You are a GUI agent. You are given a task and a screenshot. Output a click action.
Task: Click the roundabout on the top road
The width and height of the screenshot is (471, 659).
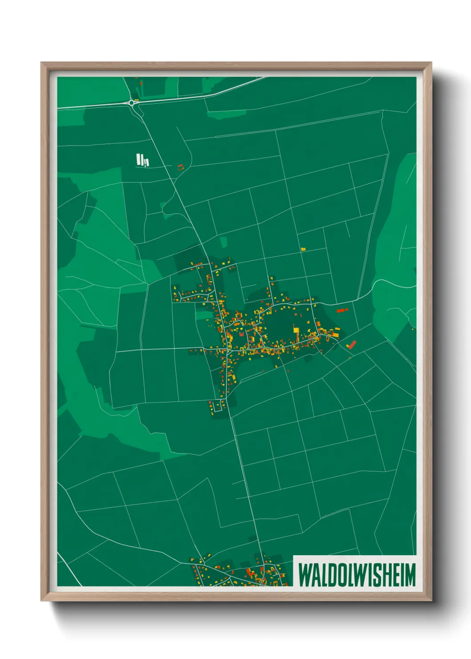coord(132,102)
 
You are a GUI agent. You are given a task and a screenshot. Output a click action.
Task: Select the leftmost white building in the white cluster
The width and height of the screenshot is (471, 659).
coord(138,159)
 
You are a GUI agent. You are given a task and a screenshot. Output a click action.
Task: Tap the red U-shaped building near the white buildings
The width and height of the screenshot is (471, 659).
coord(180,167)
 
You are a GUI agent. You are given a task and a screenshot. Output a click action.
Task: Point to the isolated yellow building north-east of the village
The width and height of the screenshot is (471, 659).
coord(303,249)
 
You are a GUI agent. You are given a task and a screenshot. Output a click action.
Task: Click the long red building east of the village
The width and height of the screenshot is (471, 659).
coord(341,310)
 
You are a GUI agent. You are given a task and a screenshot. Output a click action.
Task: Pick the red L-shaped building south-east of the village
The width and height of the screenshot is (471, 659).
coord(351,344)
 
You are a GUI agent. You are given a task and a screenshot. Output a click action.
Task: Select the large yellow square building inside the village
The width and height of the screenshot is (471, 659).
coord(296,329)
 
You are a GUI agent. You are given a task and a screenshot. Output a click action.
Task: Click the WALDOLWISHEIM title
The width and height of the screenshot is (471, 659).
coord(357,574)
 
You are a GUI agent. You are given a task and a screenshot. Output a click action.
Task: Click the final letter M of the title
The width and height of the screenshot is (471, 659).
coord(410,574)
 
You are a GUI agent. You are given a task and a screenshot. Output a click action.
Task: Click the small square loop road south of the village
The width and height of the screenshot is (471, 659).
coord(218,406)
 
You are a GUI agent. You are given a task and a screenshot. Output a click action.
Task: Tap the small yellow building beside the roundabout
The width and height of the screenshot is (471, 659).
coord(137,99)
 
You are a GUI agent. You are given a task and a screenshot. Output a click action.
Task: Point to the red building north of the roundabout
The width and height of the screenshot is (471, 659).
coord(141,83)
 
